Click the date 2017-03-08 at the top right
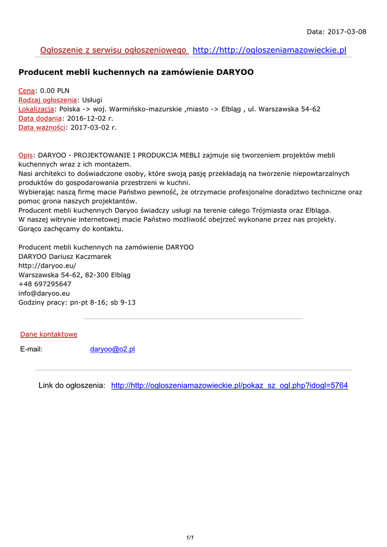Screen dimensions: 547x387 pyautogui.click(x=347, y=32)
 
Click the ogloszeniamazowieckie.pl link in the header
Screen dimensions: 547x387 pyautogui.click(x=269, y=50)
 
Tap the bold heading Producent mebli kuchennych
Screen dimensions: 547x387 pyautogui.click(x=136, y=72)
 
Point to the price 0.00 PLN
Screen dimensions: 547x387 pyautogui.click(x=55, y=91)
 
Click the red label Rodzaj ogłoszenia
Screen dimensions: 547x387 pyautogui.click(x=48, y=100)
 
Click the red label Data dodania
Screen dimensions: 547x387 pyautogui.click(x=40, y=118)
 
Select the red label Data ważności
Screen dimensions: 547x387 pyautogui.click(x=42, y=127)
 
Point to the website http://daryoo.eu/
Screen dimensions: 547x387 pyautogui.click(x=47, y=265)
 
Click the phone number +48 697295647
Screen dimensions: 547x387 pyautogui.click(x=45, y=284)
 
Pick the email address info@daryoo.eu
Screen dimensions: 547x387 pyautogui.click(x=44, y=293)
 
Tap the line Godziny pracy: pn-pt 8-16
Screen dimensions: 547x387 pyautogui.click(x=77, y=302)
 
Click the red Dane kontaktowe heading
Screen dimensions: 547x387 pyautogui.click(x=49, y=334)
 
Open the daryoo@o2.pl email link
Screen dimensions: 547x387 pyautogui.click(x=112, y=349)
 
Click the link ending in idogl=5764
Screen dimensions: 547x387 pyautogui.click(x=229, y=386)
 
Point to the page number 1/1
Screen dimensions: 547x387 pyautogui.click(x=189, y=537)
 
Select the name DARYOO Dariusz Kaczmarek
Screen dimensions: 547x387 pyautogui.click(x=65, y=256)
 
